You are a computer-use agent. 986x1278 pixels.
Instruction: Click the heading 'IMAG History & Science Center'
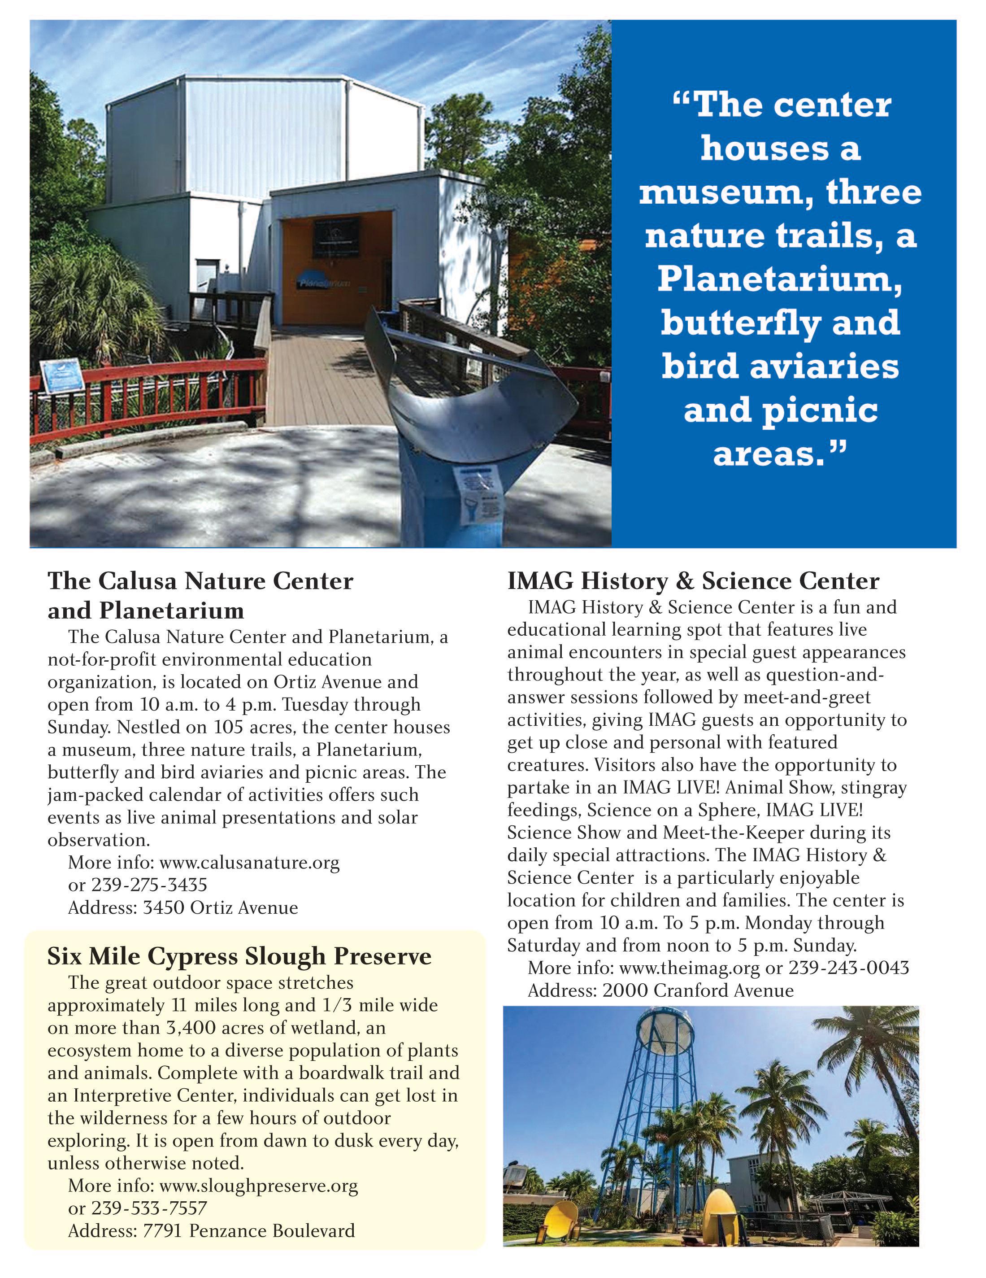[693, 581]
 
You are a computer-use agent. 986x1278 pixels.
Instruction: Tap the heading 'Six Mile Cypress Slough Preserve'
[239, 956]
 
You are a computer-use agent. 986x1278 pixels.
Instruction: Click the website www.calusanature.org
[249, 863]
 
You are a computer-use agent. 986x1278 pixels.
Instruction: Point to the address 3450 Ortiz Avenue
[221, 907]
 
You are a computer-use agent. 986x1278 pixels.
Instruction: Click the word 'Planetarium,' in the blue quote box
[780, 279]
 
